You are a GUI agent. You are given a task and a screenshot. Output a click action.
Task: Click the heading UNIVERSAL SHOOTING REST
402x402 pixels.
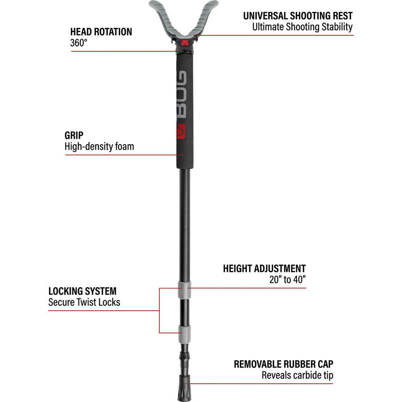[x=297, y=16]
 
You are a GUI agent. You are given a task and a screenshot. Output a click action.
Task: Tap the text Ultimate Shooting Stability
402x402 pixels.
[x=302, y=27]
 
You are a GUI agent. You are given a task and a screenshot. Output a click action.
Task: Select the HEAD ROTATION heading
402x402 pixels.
[x=101, y=32]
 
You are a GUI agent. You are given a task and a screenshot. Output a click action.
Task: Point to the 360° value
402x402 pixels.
[x=79, y=43]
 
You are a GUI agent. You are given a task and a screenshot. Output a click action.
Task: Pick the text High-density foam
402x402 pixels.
[x=99, y=147]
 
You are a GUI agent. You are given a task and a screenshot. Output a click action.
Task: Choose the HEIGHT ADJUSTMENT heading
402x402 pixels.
[x=264, y=269]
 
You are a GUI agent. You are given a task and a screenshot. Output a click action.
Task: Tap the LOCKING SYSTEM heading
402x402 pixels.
[x=82, y=291]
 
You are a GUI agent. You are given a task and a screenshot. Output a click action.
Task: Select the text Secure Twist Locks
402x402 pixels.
[x=84, y=302]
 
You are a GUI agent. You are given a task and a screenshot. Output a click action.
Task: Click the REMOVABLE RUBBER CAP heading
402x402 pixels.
[x=283, y=365]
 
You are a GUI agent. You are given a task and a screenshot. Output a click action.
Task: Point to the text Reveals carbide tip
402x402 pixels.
[x=297, y=376]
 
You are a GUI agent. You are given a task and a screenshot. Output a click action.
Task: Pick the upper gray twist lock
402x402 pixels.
[x=184, y=288]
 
